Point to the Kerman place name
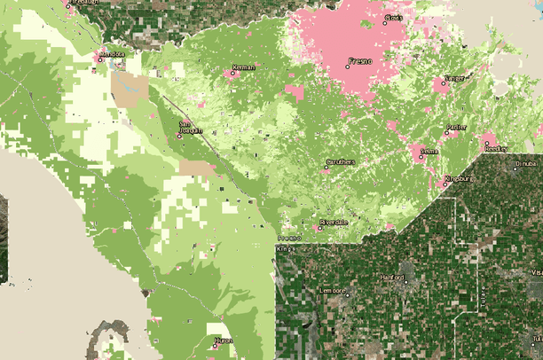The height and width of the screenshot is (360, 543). pyautogui.click(x=243, y=67)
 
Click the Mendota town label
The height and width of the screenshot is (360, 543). pyautogui.click(x=112, y=53)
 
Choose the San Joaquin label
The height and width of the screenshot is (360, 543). pyautogui.click(x=191, y=127)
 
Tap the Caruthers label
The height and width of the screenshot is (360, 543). pyautogui.click(x=341, y=161)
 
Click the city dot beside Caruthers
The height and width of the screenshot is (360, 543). pyautogui.click(x=326, y=167)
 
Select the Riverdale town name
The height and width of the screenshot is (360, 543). pyautogui.click(x=335, y=223)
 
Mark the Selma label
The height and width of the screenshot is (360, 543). pyautogui.click(x=429, y=152)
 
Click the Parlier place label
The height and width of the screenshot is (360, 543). pyautogui.click(x=457, y=127)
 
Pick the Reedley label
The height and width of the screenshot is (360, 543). pyautogui.click(x=496, y=148)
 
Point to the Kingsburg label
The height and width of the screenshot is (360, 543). pyautogui.click(x=460, y=178)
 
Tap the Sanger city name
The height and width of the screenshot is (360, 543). pyautogui.click(x=453, y=78)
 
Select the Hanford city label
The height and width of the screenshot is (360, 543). pyautogui.click(x=392, y=278)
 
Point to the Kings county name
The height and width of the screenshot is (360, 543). pyautogui.click(x=286, y=249)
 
